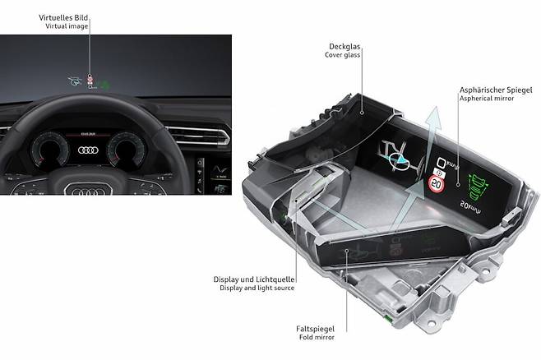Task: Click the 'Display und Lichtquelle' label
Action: pyautogui.click(x=253, y=279)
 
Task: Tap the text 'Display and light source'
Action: pyautogui.click(x=256, y=288)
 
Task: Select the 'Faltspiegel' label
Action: pyautogui.click(x=314, y=326)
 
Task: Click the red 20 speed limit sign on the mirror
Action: pyautogui.click(x=437, y=186)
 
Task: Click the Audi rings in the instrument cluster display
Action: pyautogui.click(x=90, y=150)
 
